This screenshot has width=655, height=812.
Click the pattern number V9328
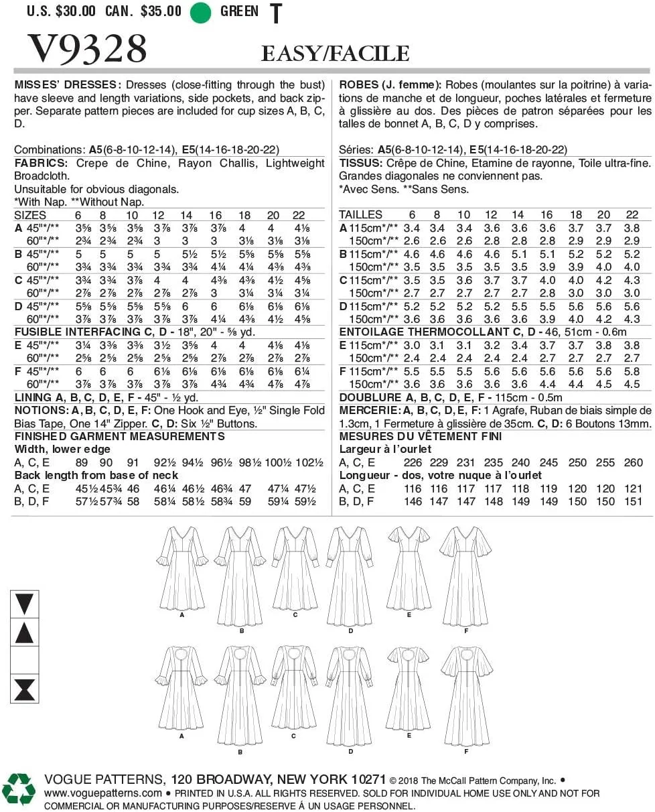86,49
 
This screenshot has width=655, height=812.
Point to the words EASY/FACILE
335,54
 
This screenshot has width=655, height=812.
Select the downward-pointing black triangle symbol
24,604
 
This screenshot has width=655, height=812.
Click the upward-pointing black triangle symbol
24,633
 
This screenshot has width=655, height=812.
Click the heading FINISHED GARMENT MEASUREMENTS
119,436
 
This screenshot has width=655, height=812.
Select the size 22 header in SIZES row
298,215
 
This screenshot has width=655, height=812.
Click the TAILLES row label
361,215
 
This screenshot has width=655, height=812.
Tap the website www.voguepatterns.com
102,793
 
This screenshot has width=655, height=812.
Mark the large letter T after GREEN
275,13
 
